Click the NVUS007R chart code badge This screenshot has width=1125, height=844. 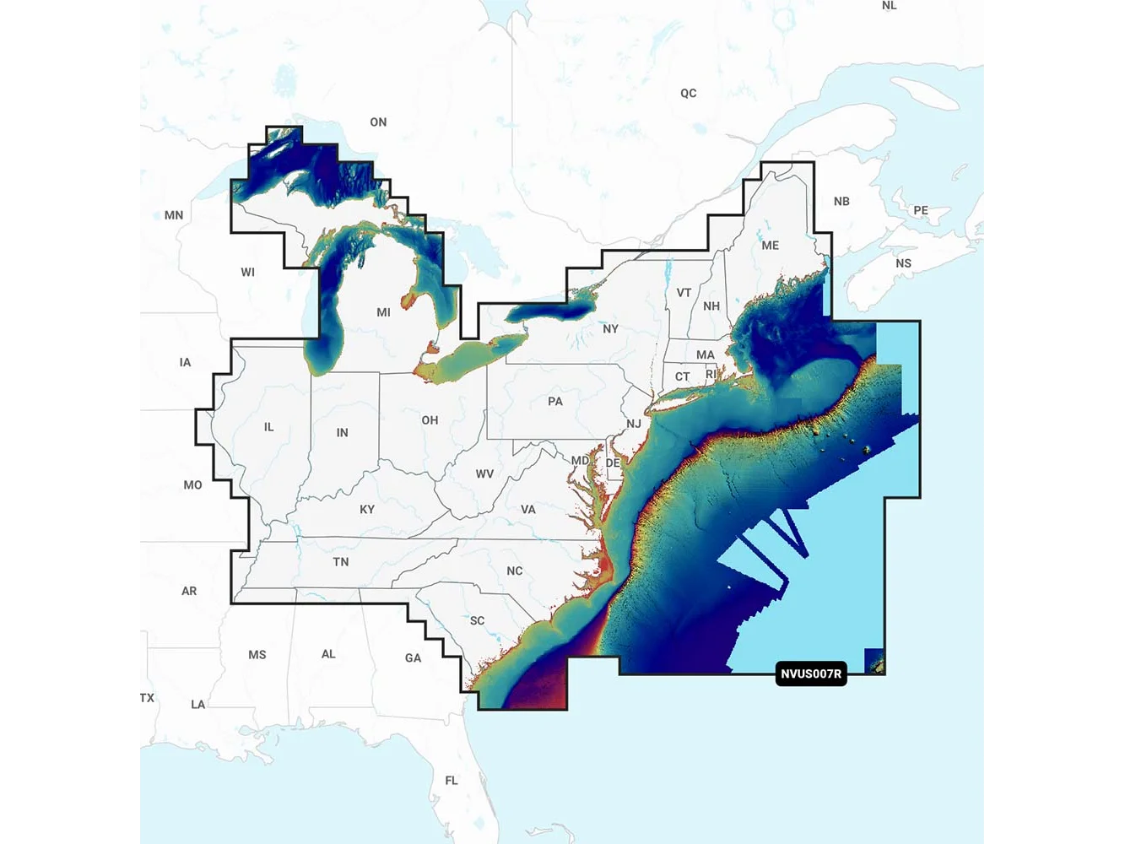[811, 674]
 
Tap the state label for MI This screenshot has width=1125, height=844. [383, 312]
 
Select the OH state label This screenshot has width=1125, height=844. [430, 420]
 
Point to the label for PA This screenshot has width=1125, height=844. [554, 401]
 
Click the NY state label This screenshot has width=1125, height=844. [610, 329]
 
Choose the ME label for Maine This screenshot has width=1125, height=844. [770, 246]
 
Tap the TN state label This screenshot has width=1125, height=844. [340, 561]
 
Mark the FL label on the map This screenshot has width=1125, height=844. [452, 781]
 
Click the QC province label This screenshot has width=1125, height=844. [689, 93]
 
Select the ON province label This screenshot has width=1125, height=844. [378, 122]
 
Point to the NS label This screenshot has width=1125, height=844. [903, 263]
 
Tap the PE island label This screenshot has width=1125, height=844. [920, 210]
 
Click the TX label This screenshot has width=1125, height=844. [147, 698]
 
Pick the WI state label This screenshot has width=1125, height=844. [247, 272]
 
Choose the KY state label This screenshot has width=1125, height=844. [367, 510]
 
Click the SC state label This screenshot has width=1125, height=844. [477, 620]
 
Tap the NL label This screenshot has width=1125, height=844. [889, 6]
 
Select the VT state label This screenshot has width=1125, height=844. [684, 293]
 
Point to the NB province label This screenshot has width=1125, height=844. [841, 201]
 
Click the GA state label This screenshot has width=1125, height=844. [413, 658]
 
